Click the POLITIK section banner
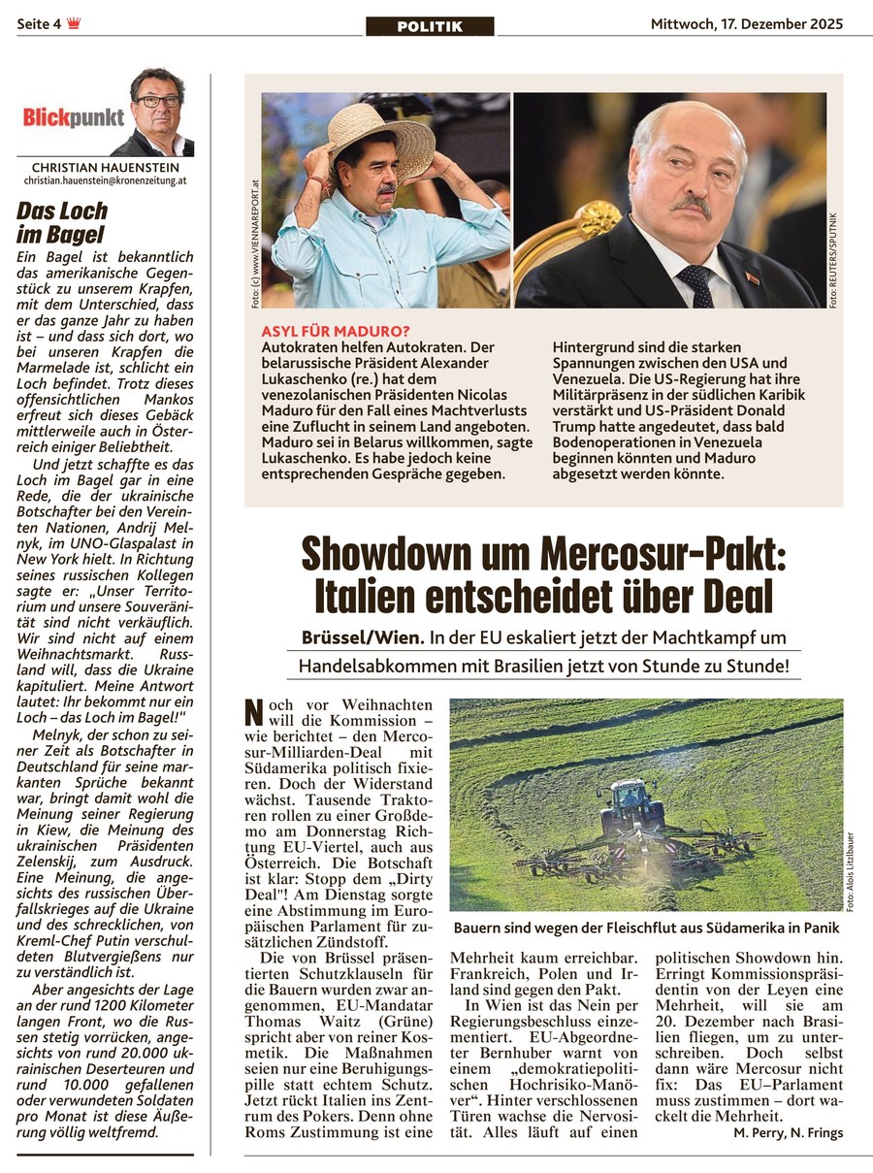[x=430, y=26]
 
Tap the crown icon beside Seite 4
[x=74, y=23]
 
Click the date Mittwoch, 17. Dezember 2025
[x=746, y=23]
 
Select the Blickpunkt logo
[x=74, y=118]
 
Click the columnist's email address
[x=105, y=181]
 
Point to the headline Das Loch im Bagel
[x=63, y=222]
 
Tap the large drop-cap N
[x=254, y=714]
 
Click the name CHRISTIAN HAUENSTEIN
[x=105, y=168]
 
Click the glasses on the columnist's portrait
[x=156, y=101]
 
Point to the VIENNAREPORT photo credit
[x=254, y=243]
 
